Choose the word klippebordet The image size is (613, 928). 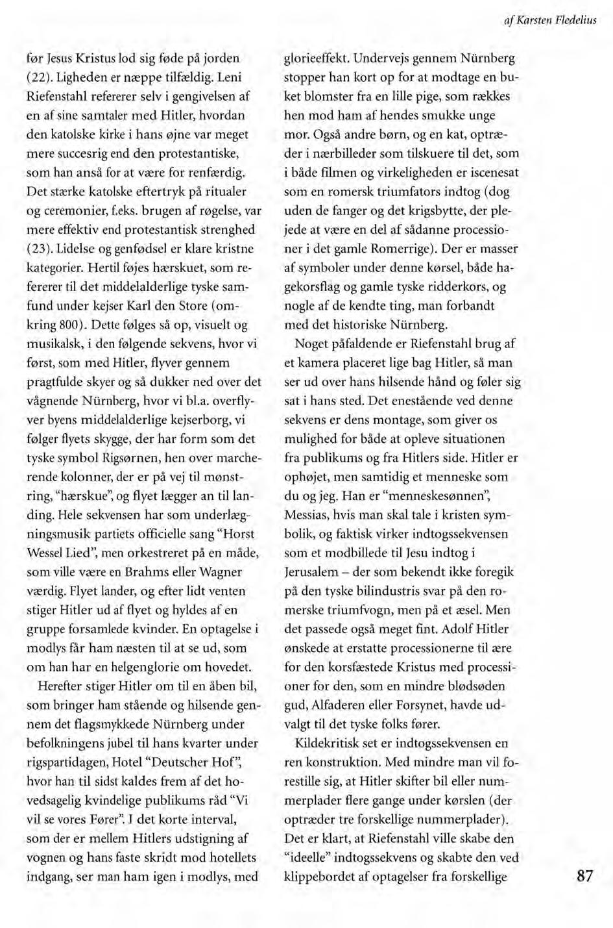pyautogui.click(x=320, y=876)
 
